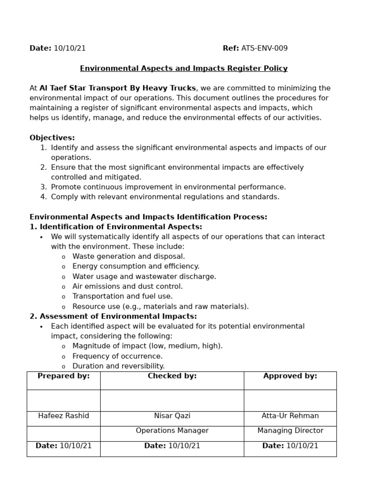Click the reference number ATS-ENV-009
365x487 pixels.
(264, 49)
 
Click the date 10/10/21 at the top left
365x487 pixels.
(69, 49)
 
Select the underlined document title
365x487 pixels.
(183, 68)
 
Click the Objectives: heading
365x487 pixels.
(52, 138)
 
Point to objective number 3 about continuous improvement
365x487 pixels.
(168, 187)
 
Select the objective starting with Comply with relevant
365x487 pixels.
(165, 197)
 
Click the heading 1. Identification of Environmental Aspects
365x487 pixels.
(116, 227)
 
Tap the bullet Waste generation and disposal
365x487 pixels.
(128, 256)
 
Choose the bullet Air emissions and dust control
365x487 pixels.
(127, 286)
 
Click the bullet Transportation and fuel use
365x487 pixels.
(122, 296)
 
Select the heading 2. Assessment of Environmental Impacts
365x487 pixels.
(113, 316)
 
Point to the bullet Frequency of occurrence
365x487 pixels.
(117, 356)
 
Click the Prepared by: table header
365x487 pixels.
(64, 376)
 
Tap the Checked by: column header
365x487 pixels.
(172, 376)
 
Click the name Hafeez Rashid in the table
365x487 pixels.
(64, 416)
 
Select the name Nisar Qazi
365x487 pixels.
(172, 416)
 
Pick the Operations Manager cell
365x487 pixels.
(172, 431)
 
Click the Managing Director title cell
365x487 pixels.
(290, 431)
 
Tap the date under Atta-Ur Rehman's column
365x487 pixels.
(290, 446)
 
